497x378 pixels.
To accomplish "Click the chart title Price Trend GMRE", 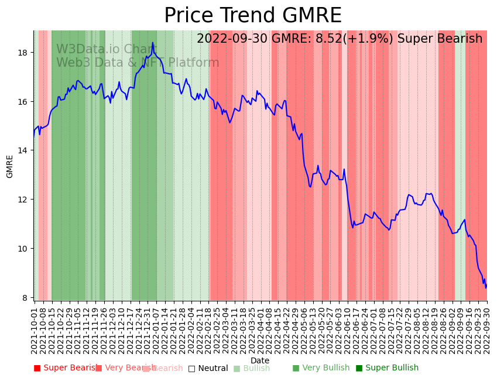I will pyautogui.click(x=252, y=16).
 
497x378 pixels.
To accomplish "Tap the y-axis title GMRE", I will pyautogui.click(x=10, y=166).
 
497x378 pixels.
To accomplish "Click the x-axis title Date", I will pyautogui.click(x=260, y=360).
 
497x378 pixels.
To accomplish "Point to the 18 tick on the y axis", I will pyautogui.click(x=23, y=53).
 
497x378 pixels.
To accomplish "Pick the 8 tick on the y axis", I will pyautogui.click(x=26, y=298).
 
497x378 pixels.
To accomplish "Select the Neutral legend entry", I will pyautogui.click(x=208, y=368).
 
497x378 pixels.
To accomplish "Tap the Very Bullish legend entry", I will pyautogui.click(x=321, y=368).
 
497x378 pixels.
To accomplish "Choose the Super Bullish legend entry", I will pyautogui.click(x=388, y=368).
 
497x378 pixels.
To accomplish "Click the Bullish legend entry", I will pyautogui.click(x=252, y=368).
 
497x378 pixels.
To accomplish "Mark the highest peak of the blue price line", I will pyautogui.click(x=153, y=43).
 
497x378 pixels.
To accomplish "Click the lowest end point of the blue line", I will pyautogui.click(x=485, y=288).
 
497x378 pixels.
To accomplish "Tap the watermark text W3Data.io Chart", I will pyautogui.click(x=107, y=50).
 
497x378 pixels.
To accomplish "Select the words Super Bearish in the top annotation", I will pyautogui.click(x=440, y=39).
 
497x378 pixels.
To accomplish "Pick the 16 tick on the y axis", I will pyautogui.click(x=23, y=102).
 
